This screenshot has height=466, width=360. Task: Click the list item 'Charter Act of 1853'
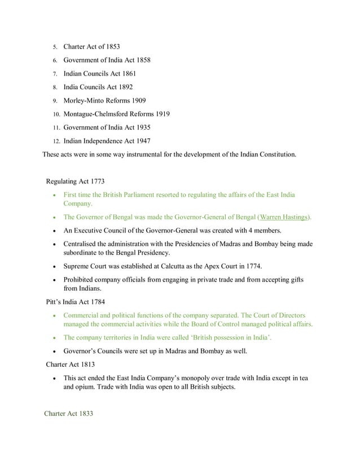91,46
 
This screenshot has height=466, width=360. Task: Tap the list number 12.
56,141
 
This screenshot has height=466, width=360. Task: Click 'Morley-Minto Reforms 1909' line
105,100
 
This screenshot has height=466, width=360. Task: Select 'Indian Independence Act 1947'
107,141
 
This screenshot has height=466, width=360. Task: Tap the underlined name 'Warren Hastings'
284,217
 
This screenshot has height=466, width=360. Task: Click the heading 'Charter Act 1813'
71,364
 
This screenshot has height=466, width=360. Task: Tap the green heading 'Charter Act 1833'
68,414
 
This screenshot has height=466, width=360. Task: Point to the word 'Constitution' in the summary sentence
274,153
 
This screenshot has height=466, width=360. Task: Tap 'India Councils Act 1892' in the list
99,87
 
